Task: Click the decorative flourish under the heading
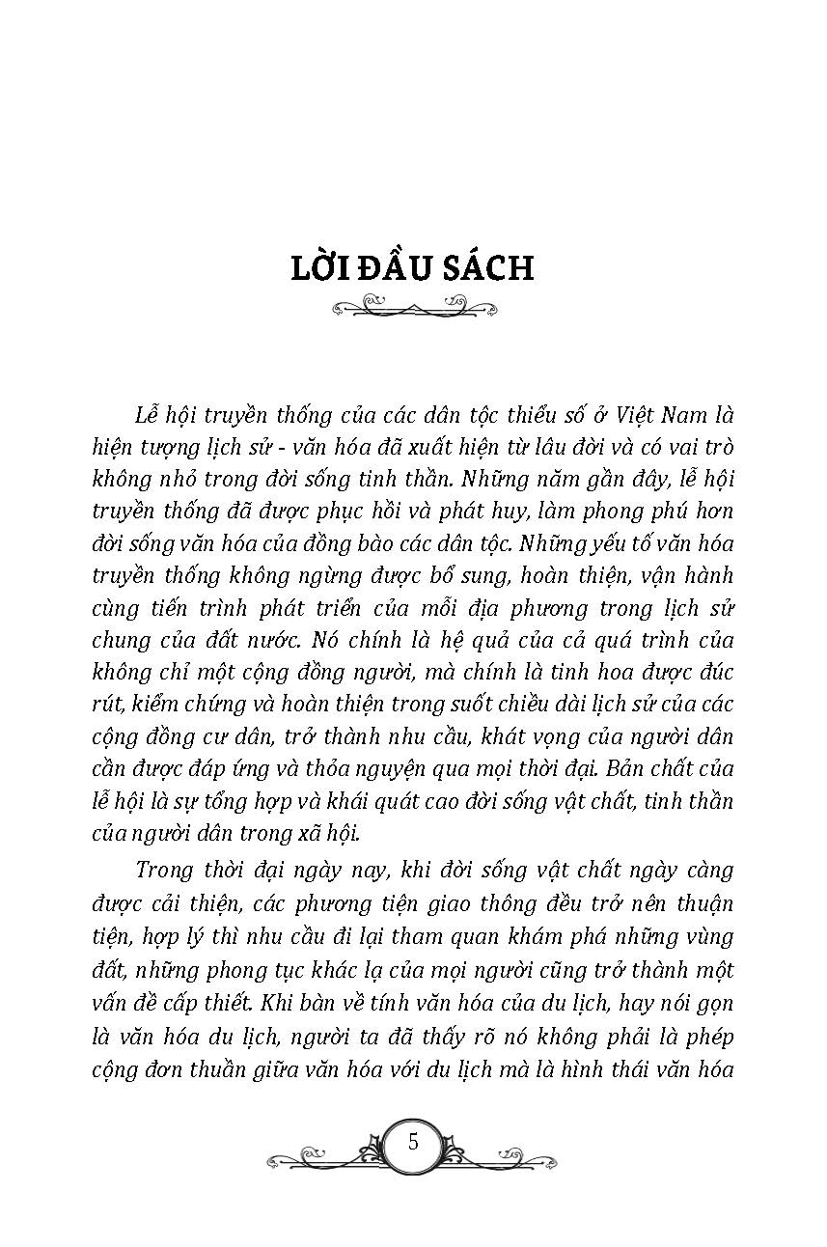click(413, 309)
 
